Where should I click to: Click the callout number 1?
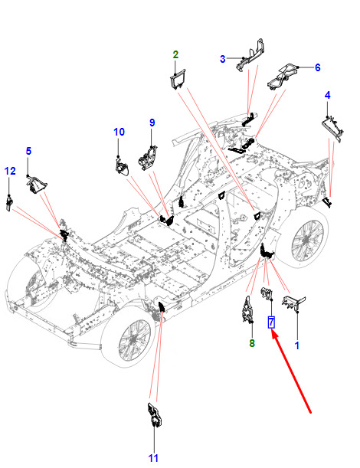pyautogui.click(x=296, y=345)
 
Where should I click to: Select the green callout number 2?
pyautogui.click(x=175, y=54)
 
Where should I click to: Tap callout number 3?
pyautogui.click(x=223, y=59)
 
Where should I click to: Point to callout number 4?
pyautogui.click(x=328, y=96)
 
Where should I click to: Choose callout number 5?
pyautogui.click(x=28, y=151)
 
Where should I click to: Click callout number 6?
pyautogui.click(x=318, y=67)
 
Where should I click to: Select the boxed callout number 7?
pyautogui.click(x=271, y=322)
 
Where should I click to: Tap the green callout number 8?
pyautogui.click(x=252, y=344)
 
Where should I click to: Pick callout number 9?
pyautogui.click(x=152, y=123)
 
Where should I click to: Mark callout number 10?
pyautogui.click(x=119, y=132)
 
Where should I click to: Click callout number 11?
pyautogui.click(x=153, y=458)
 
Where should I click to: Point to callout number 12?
pyautogui.click(x=10, y=171)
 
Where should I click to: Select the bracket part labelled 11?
pyautogui.click(x=155, y=414)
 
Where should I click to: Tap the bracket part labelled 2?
pyautogui.click(x=178, y=79)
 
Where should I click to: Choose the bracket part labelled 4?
pyautogui.click(x=332, y=129)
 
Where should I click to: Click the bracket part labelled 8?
pyautogui.click(x=247, y=309)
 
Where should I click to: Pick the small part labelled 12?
pyautogui.click(x=9, y=203)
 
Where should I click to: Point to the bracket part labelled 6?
pyautogui.click(x=283, y=76)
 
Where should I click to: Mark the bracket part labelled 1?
pyautogui.click(x=293, y=303)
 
